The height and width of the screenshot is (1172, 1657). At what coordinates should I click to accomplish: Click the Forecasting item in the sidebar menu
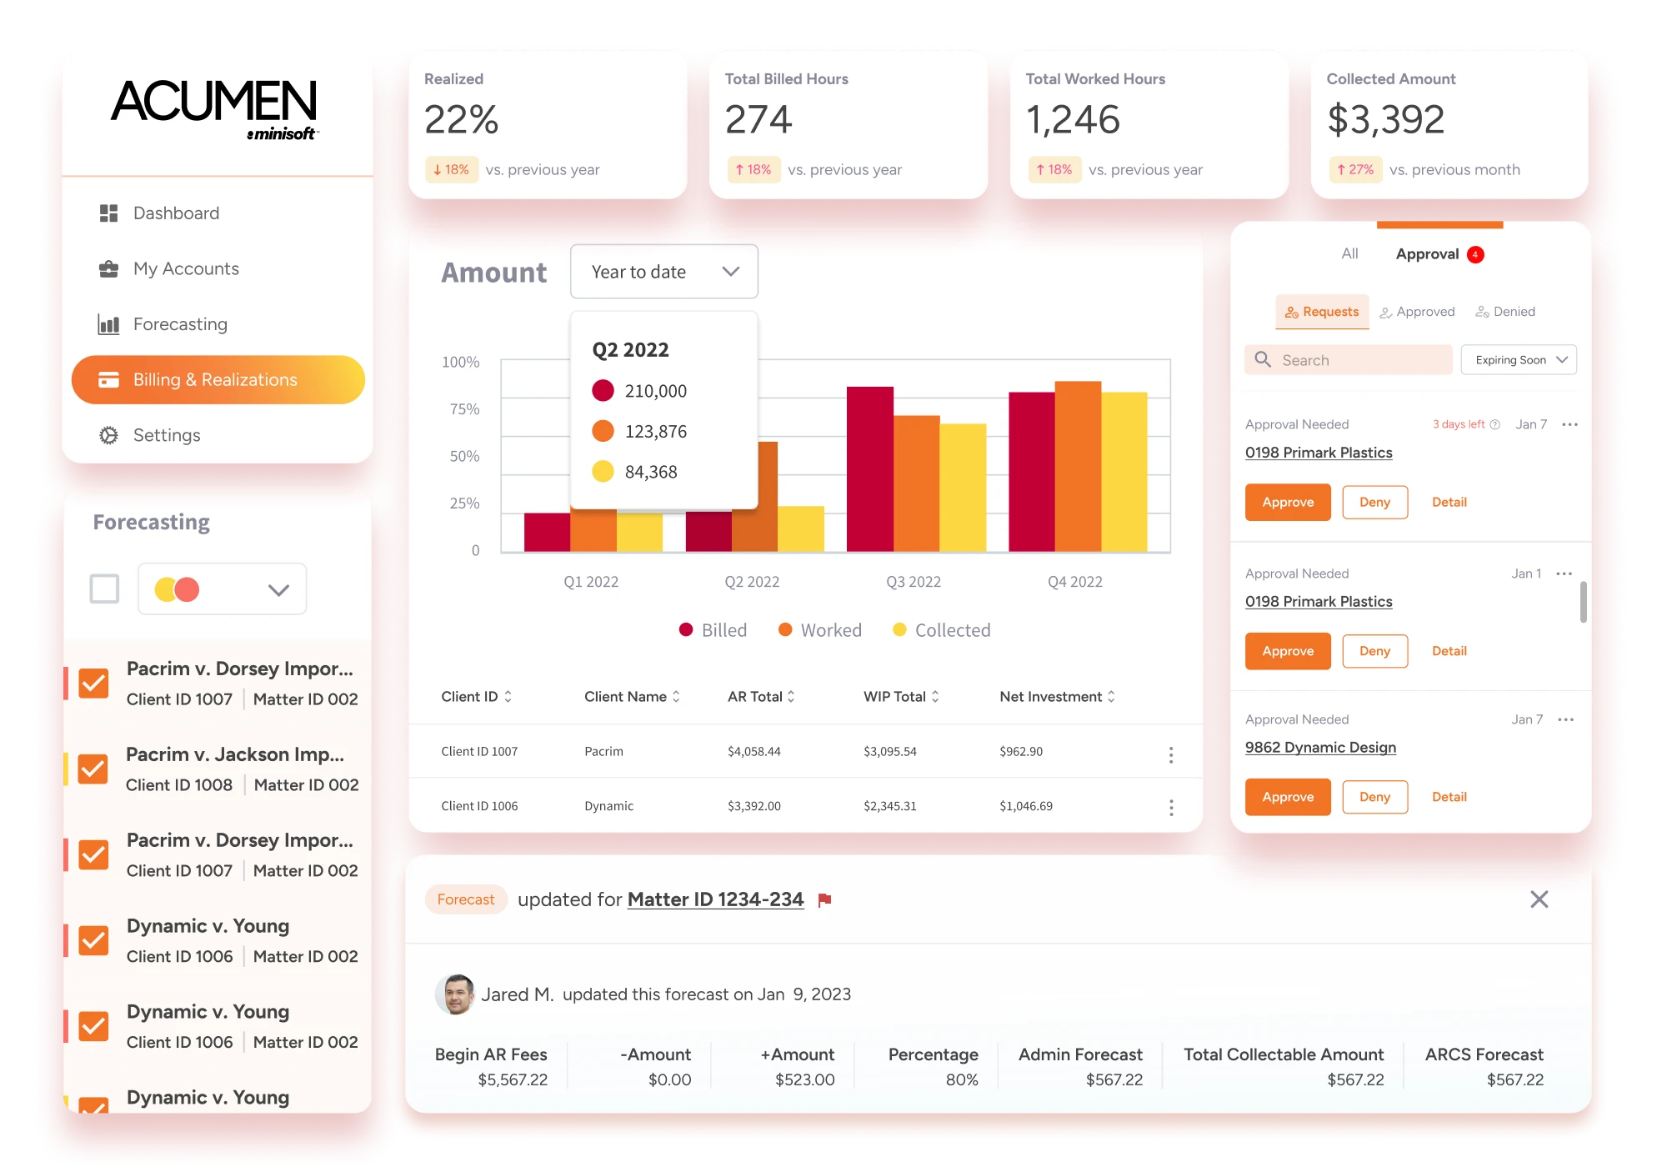point(179,324)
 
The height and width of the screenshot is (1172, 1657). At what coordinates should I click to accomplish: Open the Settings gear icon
point(108,435)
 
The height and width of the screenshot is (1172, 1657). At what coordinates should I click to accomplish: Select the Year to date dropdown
point(663,272)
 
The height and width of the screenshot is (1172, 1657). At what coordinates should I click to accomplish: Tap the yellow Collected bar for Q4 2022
point(1124,471)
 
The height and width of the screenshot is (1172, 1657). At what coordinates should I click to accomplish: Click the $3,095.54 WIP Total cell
point(889,752)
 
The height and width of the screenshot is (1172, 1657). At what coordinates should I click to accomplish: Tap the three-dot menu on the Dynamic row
point(1171,807)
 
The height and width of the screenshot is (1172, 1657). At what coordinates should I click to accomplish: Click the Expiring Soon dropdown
point(1518,360)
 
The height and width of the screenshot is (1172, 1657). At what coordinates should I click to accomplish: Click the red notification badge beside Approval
point(1475,254)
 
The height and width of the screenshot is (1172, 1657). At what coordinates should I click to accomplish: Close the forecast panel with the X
point(1539,899)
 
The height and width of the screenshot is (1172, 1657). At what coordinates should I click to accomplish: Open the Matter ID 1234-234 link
point(715,899)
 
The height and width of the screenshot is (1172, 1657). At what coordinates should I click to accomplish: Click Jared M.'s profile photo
point(455,994)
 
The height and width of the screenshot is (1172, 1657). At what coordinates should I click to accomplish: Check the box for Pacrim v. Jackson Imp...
point(93,769)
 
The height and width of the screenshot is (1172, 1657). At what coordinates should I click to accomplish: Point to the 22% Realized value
point(461,120)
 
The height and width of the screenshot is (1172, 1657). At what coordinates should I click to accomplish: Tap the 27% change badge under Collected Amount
point(1355,170)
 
